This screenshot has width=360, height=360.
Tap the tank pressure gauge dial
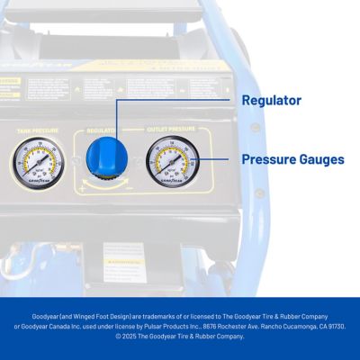[x=33, y=162]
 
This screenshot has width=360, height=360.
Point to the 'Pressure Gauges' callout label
[x=292, y=159]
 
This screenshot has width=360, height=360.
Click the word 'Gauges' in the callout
[x=320, y=159]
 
